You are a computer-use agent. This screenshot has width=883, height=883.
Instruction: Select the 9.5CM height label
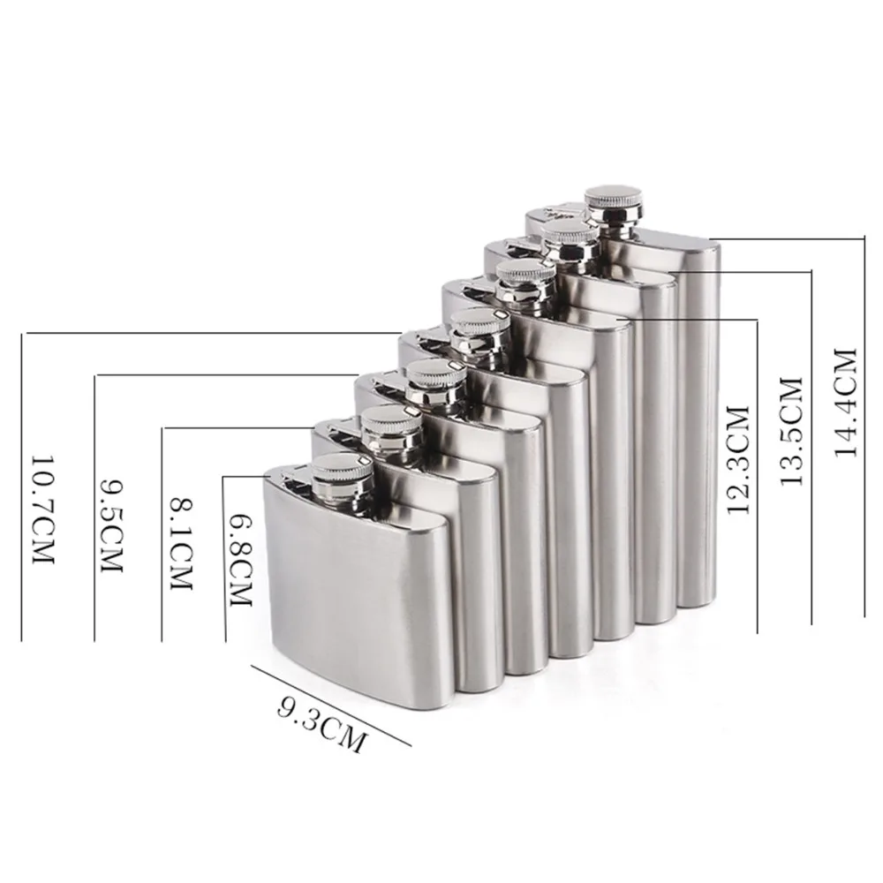111,525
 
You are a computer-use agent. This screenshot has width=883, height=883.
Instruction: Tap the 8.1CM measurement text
181,544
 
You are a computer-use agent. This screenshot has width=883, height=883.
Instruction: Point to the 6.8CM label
240,561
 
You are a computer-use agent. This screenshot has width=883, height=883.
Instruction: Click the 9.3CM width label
321,725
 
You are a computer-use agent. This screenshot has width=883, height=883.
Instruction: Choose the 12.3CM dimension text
738,459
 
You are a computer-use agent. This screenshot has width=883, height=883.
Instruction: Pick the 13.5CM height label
791,432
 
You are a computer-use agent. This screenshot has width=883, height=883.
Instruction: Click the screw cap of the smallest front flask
340,475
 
